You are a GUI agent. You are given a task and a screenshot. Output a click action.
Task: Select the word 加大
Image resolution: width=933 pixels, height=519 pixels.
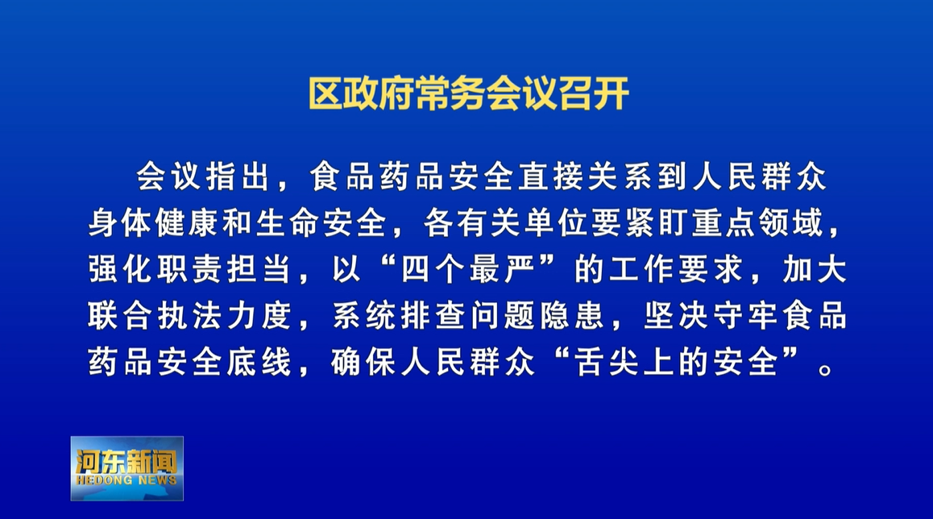pyautogui.click(x=815, y=270)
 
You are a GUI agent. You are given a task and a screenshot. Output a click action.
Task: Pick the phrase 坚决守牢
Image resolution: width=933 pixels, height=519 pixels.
pyautogui.click(x=711, y=316)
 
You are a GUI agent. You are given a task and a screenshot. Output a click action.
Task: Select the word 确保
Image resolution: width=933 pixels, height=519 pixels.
pyautogui.click(x=363, y=363)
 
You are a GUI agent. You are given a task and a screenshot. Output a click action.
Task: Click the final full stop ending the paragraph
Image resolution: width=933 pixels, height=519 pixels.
pyautogui.click(x=825, y=370)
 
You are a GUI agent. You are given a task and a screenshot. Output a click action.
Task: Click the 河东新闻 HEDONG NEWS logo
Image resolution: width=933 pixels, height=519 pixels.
pyautogui.click(x=126, y=468)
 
